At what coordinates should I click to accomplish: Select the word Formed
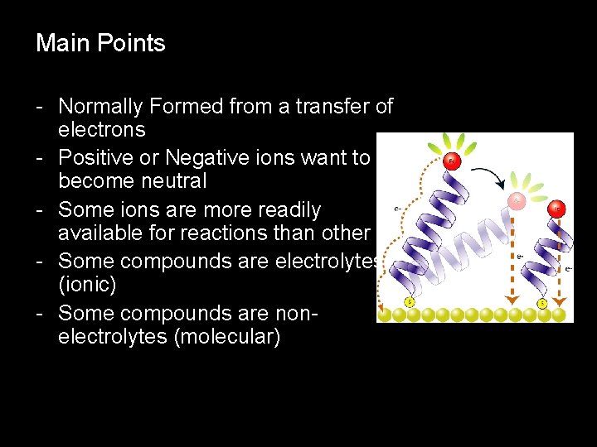coord(195,107)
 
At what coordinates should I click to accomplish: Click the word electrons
coord(101,130)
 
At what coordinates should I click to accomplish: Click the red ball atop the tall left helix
coord(453,161)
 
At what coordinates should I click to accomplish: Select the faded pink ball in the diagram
coord(517,201)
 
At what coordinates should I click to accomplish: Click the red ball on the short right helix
coord(556,208)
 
